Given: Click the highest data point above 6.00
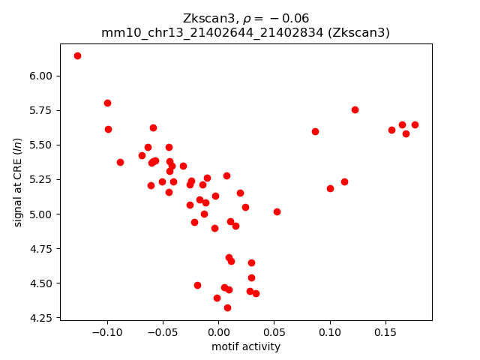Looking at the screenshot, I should click(x=77, y=55).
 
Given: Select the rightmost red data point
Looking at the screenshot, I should click(x=415, y=124).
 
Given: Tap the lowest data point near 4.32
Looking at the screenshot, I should click(x=227, y=307).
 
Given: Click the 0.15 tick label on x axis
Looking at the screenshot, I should click(x=385, y=331).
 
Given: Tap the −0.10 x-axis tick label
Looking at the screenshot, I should click(x=107, y=331).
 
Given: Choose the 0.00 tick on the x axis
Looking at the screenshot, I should click(x=218, y=331).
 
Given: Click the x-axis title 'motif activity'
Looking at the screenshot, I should click(x=246, y=346).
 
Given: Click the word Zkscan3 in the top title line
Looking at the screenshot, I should click(x=204, y=18).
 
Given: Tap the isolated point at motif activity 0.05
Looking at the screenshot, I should click(x=277, y=211).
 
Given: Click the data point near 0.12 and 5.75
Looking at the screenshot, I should click(x=355, y=109).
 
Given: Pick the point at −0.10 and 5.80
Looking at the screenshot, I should click(x=107, y=103).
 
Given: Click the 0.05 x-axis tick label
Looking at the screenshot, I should click(x=274, y=331).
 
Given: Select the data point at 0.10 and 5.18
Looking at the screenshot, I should click(x=330, y=188).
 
